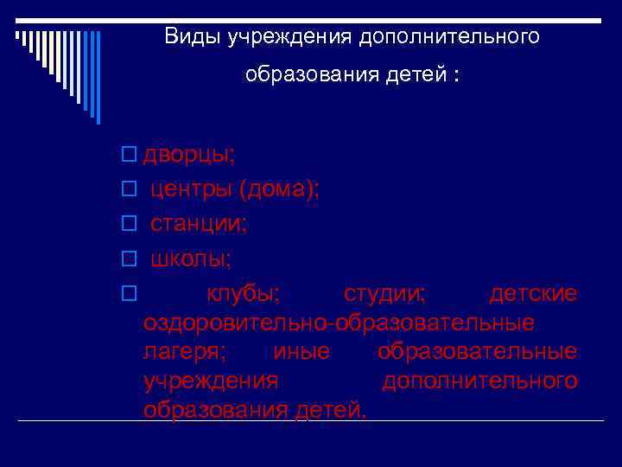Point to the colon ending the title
point(455,75)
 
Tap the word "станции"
point(197,224)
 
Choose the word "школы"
point(189,259)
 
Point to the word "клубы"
point(242,294)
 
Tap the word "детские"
point(533,294)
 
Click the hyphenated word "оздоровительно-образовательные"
point(339,323)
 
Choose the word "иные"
point(301,352)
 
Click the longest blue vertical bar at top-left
point(98,78)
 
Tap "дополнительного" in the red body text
point(479,381)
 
